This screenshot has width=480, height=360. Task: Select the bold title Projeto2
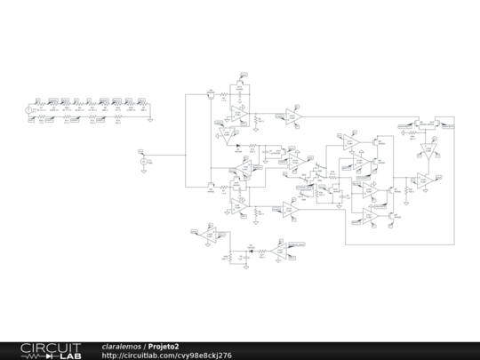(164, 346)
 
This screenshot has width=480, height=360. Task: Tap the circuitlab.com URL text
(167, 355)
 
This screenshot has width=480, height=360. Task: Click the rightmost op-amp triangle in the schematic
(426, 180)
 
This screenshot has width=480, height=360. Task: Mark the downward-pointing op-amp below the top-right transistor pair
(426, 154)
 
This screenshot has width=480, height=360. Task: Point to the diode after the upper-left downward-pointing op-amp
(238, 145)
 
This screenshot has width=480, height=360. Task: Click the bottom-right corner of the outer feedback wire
(453, 242)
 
